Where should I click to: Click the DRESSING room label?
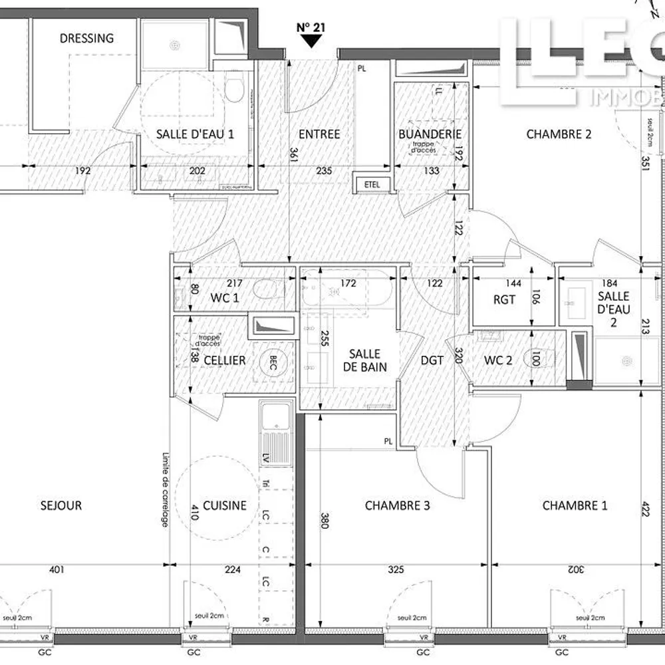[86, 38]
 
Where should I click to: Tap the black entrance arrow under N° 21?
[309, 42]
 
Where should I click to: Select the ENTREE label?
[319, 134]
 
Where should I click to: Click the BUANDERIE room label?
[430, 134]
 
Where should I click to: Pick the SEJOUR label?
[61, 505]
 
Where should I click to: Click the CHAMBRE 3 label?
[397, 506]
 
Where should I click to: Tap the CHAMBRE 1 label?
[575, 506]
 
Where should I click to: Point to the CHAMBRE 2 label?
[559, 134]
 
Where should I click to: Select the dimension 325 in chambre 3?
[395, 569]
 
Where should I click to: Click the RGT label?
[504, 300]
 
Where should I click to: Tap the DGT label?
[432, 360]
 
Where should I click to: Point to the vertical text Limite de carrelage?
[164, 491]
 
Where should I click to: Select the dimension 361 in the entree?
[293, 154]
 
